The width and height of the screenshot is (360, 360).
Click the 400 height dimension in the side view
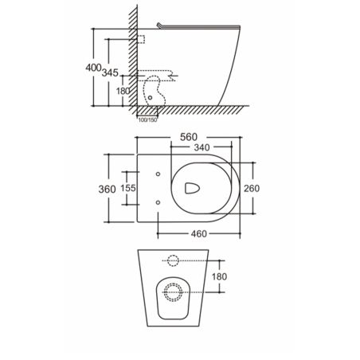click(93, 67)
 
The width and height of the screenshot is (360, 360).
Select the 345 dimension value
click(112, 73)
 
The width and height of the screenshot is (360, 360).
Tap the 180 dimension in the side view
click(123, 91)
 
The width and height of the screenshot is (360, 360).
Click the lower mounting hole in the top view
click(159, 203)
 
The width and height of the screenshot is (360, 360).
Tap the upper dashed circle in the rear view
click(172, 260)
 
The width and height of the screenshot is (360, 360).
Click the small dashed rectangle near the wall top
click(141, 39)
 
